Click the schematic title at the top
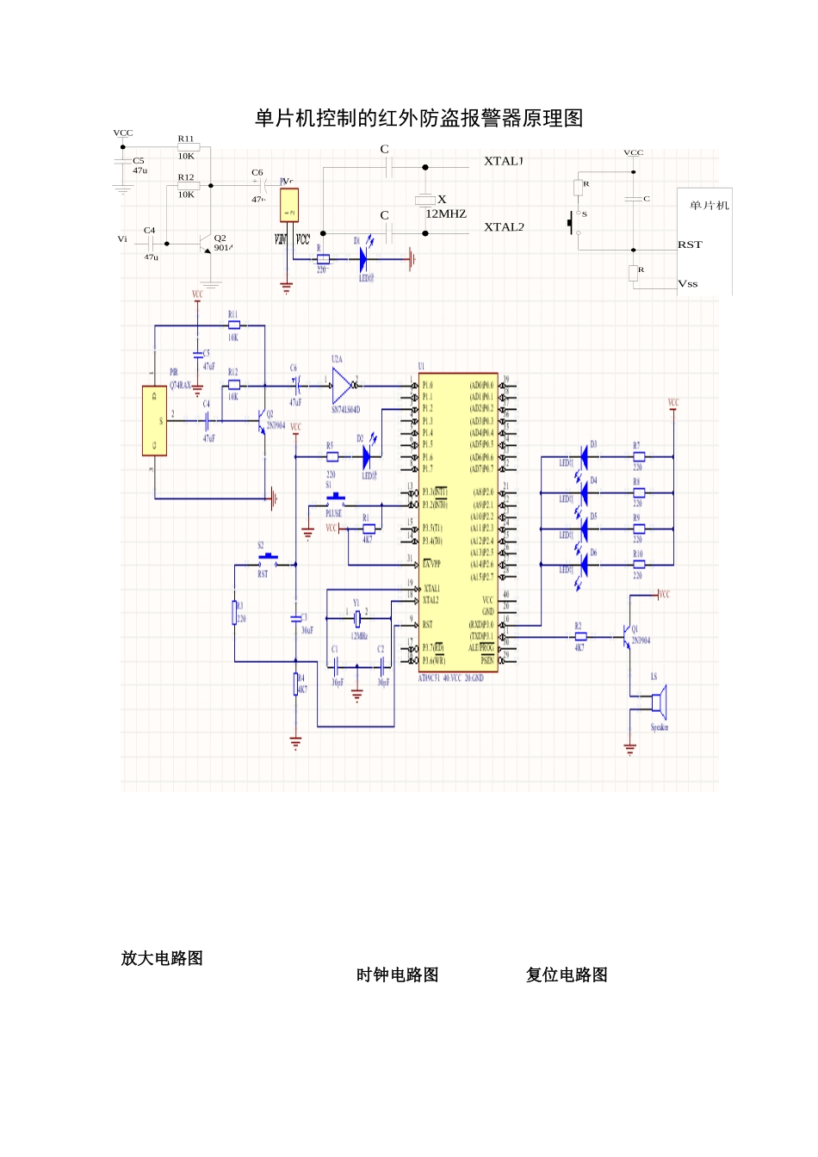click(x=418, y=118)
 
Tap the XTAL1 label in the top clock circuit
click(x=504, y=161)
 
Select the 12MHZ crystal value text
click(x=446, y=213)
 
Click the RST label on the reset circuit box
click(x=690, y=244)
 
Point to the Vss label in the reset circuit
click(x=688, y=283)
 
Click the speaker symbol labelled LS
click(x=658, y=702)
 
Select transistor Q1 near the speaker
click(x=629, y=636)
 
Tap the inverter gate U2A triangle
click(x=342, y=385)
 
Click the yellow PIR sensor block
click(x=154, y=421)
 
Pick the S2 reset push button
click(x=267, y=559)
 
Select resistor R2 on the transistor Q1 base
click(x=580, y=637)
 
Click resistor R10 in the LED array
click(x=638, y=565)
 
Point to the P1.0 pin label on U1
click(x=428, y=385)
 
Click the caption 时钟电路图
click(x=398, y=974)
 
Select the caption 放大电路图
click(x=162, y=958)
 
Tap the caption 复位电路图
click(x=567, y=974)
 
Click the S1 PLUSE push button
click(x=335, y=498)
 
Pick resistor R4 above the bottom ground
click(x=296, y=684)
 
